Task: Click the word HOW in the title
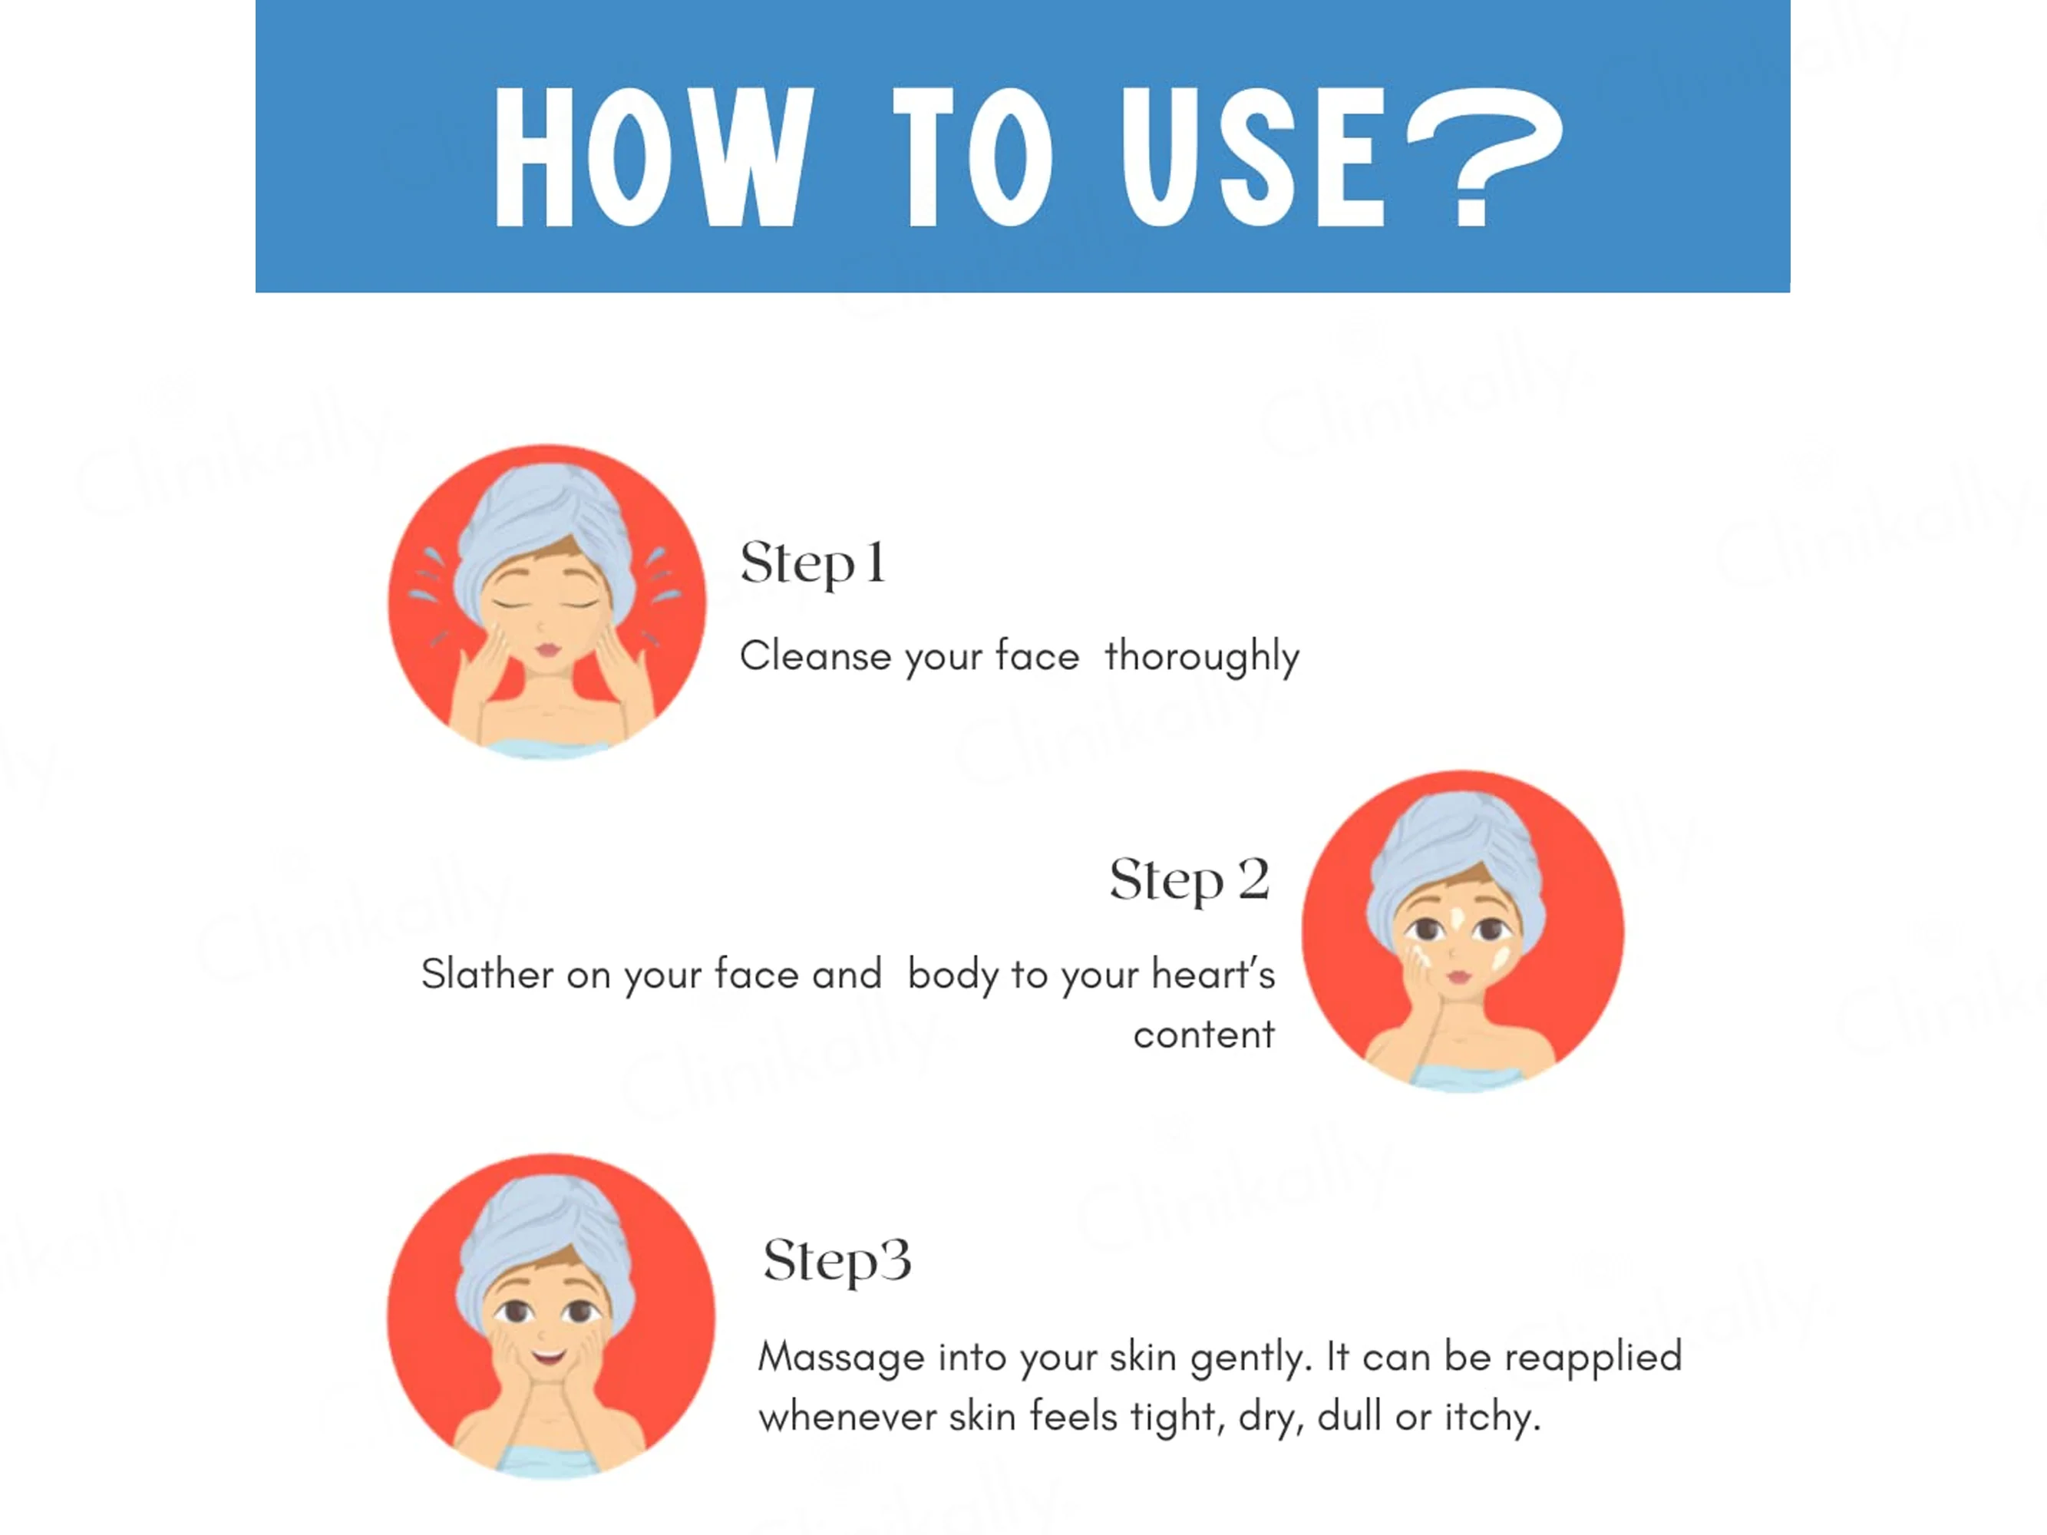654,157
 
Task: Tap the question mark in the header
1484,157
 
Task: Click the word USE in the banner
1253,157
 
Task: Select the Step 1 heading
813,563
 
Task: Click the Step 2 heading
1189,880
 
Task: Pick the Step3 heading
837,1261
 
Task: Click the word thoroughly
1202,657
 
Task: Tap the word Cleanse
815,656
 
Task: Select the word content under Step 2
1204,1035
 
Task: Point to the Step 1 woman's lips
548,649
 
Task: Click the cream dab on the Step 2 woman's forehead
1457,919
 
